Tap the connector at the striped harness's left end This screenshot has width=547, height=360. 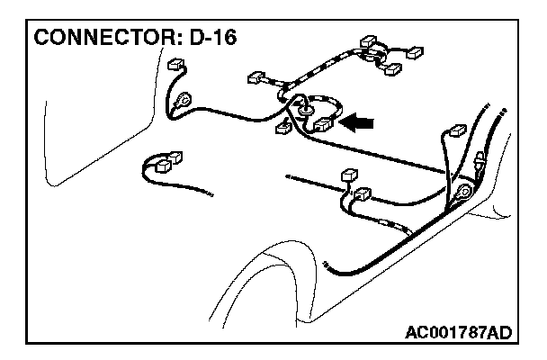tap(257, 77)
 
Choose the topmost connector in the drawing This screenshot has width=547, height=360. tap(368, 41)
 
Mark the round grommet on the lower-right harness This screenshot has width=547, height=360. tap(464, 193)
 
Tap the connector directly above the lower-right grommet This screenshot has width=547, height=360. tap(455, 132)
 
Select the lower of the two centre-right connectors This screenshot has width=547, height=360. tap(362, 194)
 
